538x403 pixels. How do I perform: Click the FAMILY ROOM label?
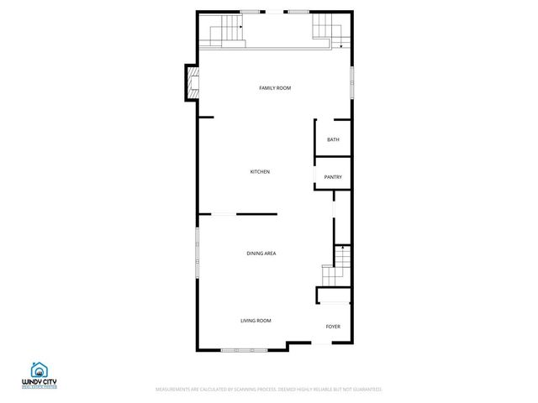click(275, 88)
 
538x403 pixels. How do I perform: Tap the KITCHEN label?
click(260, 172)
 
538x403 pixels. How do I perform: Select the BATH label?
click(333, 140)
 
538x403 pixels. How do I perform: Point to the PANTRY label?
click(333, 177)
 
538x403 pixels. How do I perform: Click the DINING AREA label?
click(261, 254)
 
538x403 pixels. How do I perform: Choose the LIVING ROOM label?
click(256, 321)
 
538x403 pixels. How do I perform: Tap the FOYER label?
click(333, 327)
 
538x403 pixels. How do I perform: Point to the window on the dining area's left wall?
click(197, 248)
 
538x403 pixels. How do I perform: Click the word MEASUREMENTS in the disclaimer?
click(174, 390)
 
